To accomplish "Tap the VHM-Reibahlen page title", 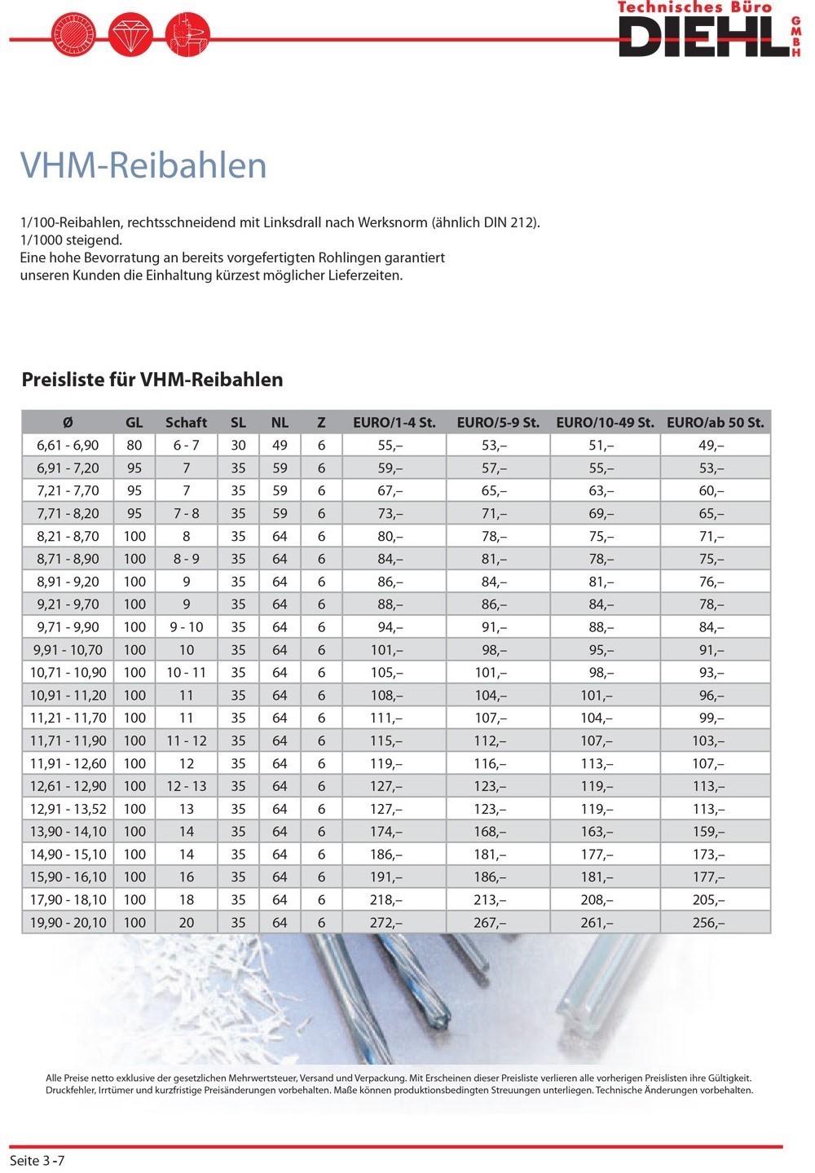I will (x=143, y=165).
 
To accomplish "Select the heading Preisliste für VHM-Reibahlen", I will (x=152, y=380).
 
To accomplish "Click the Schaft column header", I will (x=186, y=422).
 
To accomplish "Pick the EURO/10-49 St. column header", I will (x=605, y=422).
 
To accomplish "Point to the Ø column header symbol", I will (x=68, y=422).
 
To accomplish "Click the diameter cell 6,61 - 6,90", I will (x=68, y=446).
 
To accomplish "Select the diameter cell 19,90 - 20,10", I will (x=68, y=923).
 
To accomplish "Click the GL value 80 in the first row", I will (x=134, y=446).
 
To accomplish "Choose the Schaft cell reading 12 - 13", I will (x=186, y=786).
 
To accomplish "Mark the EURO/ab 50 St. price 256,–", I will (x=708, y=923).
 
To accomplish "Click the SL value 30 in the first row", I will (x=238, y=446).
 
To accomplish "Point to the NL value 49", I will (x=280, y=446).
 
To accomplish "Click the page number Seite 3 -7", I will (x=37, y=1160).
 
